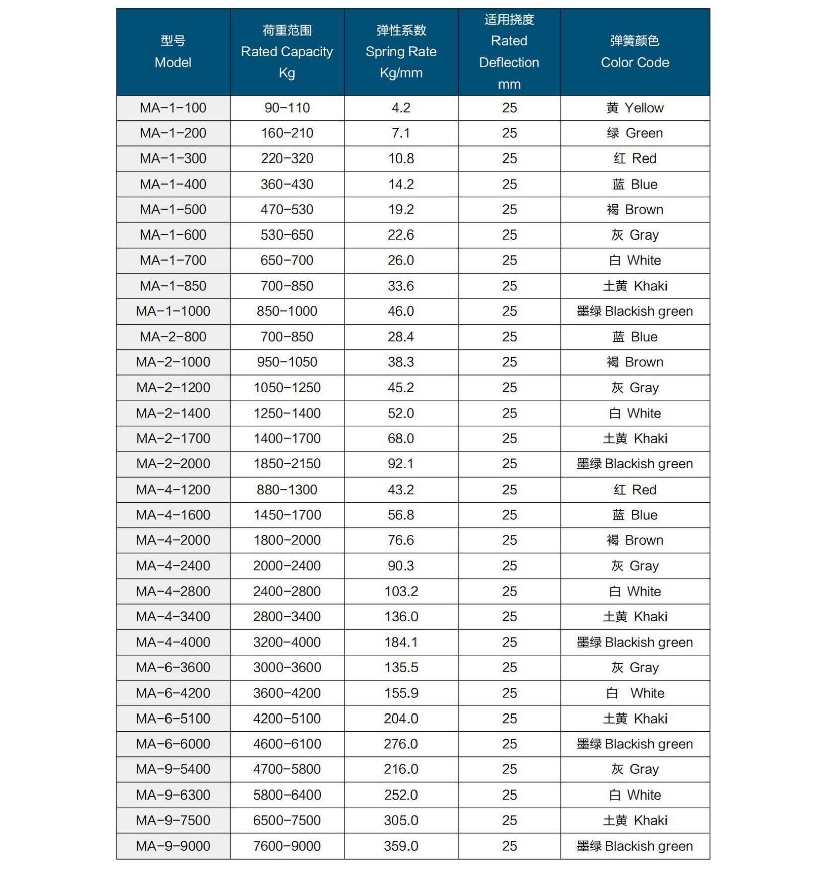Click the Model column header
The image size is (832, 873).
pyautogui.click(x=173, y=52)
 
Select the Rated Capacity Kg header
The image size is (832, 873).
pyautogui.click(x=287, y=52)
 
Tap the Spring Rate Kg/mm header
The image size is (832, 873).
pyautogui.click(x=401, y=52)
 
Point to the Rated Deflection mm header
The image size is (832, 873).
pyautogui.click(x=509, y=52)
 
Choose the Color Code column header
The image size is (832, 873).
pyautogui.click(x=635, y=52)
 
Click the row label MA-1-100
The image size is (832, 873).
pyautogui.click(x=173, y=108)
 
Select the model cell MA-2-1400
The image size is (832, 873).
pyautogui.click(x=173, y=413)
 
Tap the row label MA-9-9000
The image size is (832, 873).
pyautogui.click(x=173, y=846)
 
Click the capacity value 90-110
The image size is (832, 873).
pyautogui.click(x=287, y=108)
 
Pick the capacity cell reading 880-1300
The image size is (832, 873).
pyautogui.click(x=287, y=490)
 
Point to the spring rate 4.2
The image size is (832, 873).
pyautogui.click(x=401, y=108)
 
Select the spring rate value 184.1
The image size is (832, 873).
pyautogui.click(x=401, y=642)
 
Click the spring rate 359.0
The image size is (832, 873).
pyautogui.click(x=401, y=846)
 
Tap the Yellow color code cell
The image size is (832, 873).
pyautogui.click(x=635, y=108)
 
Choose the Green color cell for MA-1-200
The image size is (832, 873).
pyautogui.click(x=635, y=133)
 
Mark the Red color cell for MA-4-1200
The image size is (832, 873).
pyautogui.click(x=635, y=490)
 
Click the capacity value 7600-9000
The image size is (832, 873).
pyautogui.click(x=287, y=846)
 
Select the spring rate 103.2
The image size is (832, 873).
pyautogui.click(x=401, y=591)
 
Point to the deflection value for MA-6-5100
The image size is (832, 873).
pyautogui.click(x=509, y=719)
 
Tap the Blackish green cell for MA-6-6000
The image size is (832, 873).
pyautogui.click(x=635, y=744)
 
